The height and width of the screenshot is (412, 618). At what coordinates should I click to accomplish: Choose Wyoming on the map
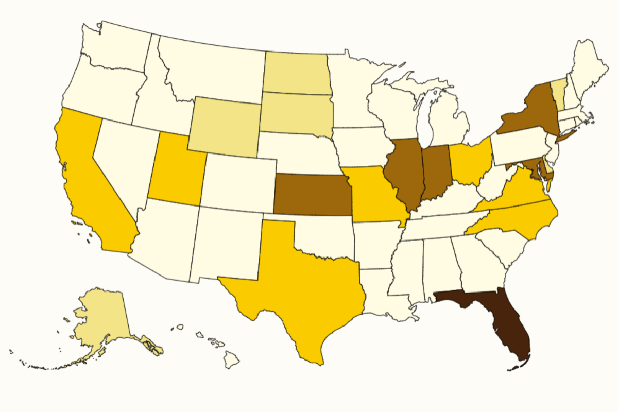224,126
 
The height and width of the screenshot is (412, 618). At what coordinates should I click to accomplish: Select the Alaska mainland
100,319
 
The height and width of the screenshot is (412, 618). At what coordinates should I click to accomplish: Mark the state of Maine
587,67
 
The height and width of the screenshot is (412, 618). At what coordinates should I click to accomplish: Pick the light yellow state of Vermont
557,90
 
